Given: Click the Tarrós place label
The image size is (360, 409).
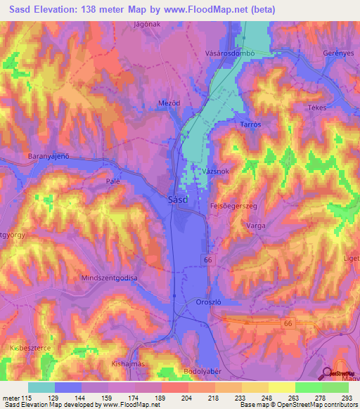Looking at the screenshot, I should [251, 124].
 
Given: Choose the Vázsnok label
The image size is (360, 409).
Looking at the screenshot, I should [214, 172].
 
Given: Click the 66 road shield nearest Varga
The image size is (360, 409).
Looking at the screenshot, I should [207, 260].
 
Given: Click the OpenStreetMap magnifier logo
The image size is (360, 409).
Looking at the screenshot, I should [328, 374].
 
